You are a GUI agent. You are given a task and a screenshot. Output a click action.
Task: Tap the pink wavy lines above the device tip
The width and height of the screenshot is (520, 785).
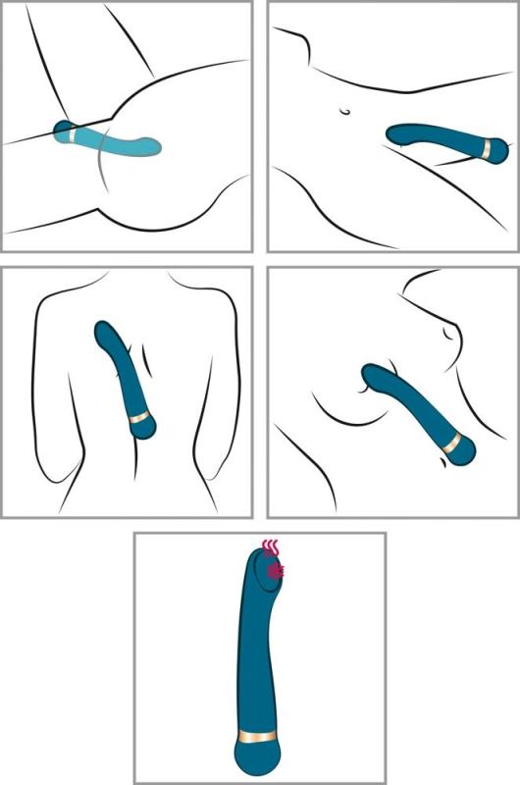pyautogui.click(x=272, y=546)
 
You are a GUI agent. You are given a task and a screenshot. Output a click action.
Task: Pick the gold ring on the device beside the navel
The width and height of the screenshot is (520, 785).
pyautogui.click(x=488, y=147)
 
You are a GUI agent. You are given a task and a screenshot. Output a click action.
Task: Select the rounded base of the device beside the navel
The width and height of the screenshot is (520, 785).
pyautogui.click(x=501, y=148)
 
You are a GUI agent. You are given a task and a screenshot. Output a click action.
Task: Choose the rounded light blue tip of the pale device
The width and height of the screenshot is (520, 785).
pyautogui.click(x=155, y=147)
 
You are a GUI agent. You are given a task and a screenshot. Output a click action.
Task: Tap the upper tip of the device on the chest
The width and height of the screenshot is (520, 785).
pyautogui.click(x=372, y=374)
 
